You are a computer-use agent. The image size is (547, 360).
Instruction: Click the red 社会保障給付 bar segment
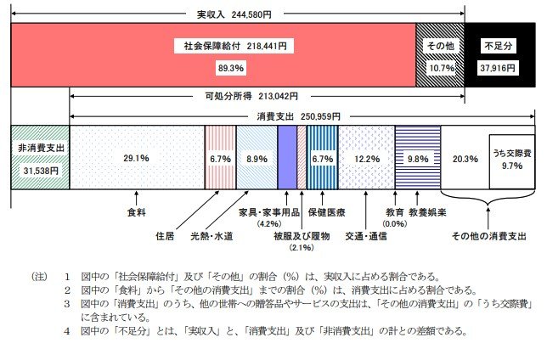point(212,54)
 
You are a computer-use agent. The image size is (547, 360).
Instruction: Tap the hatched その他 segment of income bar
point(440,54)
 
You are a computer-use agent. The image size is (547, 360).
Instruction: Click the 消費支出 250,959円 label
point(297,115)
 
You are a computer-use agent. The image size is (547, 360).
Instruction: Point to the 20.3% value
point(464,159)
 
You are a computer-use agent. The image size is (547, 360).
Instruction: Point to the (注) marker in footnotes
point(38,276)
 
